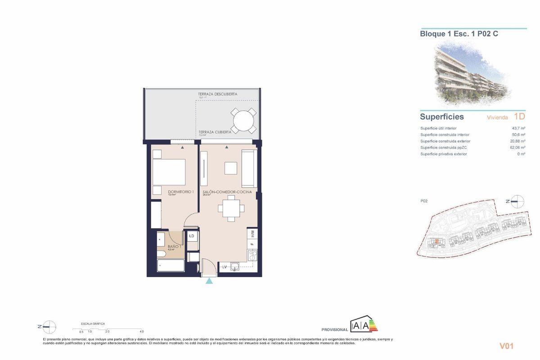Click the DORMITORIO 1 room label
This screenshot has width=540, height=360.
click(171, 192)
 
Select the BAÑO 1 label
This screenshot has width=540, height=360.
click(174, 247)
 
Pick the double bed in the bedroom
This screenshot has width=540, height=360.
click(169, 172)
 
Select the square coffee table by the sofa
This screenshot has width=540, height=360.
click(231, 168)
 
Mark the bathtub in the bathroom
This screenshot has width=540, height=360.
click(171, 265)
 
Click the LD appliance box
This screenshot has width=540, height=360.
click(191, 236)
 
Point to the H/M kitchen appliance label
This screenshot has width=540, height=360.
click(252, 234)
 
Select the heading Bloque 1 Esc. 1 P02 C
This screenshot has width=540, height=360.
click(459, 34)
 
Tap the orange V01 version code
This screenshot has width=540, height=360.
click(506, 346)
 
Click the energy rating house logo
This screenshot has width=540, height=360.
click(364, 325)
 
